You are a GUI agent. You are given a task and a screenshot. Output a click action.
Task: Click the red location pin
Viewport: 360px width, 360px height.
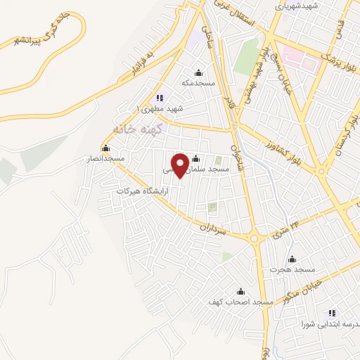pos(181,165)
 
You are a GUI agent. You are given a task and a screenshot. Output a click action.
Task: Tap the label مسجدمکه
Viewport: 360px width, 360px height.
pos(198,83)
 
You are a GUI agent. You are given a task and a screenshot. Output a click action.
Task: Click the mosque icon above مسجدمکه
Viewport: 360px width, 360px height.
pos(198,72)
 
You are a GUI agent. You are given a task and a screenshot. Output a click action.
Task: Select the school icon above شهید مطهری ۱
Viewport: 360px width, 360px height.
pos(160,98)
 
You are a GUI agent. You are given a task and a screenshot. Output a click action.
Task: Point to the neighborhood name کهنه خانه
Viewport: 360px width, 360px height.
pos(139,129)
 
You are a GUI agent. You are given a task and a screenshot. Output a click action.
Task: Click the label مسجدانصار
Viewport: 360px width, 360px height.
pos(105,159)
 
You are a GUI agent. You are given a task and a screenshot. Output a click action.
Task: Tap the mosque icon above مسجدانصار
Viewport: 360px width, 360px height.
pos(105,148)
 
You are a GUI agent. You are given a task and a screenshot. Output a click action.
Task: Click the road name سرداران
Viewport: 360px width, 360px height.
pos(212,229)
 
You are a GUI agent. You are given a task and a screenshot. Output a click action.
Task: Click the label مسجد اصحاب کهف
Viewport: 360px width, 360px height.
pos(240,302)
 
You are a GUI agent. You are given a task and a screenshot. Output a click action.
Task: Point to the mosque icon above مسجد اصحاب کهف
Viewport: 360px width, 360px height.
pos(240,291)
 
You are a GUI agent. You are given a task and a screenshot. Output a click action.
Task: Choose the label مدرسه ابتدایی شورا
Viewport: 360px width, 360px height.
pos(331,324)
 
